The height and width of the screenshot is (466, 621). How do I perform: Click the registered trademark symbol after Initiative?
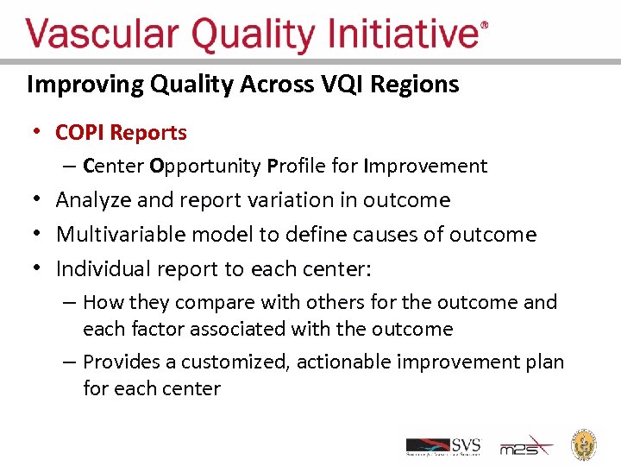tap(484, 26)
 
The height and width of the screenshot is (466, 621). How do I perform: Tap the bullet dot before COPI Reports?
tap(36, 133)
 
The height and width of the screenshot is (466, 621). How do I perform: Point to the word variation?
tap(302, 200)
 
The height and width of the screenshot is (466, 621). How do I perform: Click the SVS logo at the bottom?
tap(443, 445)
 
